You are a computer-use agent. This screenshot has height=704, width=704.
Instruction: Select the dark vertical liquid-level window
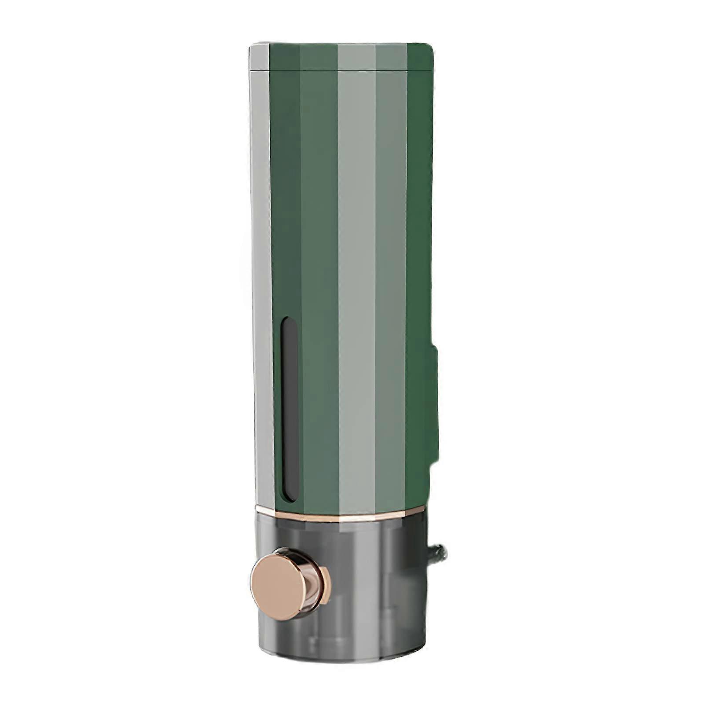pyautogui.click(x=289, y=409)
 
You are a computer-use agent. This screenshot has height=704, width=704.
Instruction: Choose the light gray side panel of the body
pyautogui.click(x=263, y=286)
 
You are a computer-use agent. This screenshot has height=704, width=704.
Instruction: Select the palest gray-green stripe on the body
pyautogui.click(x=356, y=286)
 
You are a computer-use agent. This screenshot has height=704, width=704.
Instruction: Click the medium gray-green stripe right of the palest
pyautogui.click(x=391, y=286)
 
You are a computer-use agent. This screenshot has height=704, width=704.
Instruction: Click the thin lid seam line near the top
pyautogui.click(x=343, y=70)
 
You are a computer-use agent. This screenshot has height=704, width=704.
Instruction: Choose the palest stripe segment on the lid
pyautogui.click(x=356, y=56)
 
